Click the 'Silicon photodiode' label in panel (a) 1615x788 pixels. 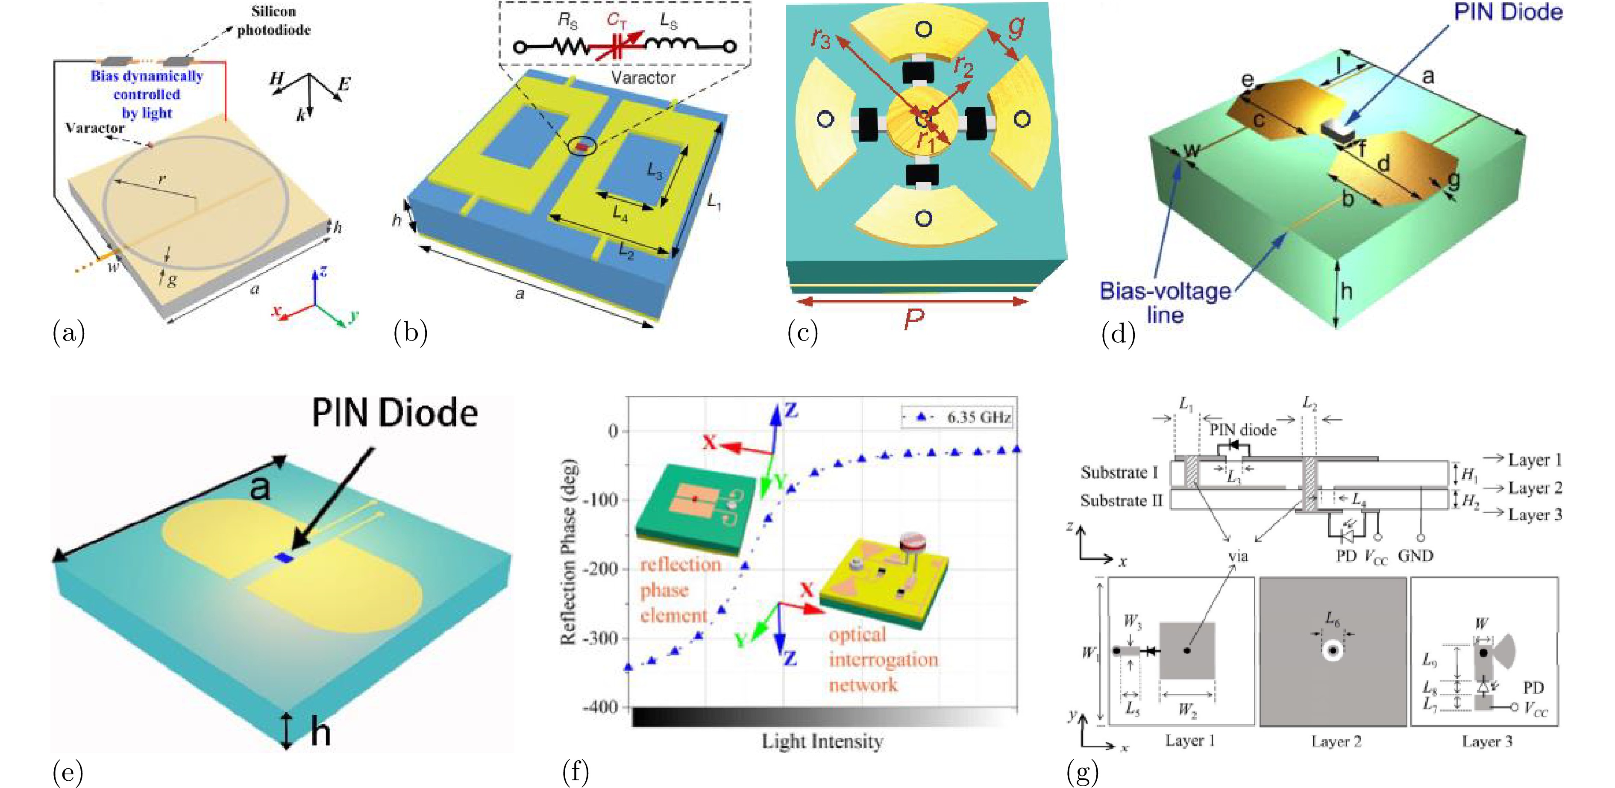point(273,21)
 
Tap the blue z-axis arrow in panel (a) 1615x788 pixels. point(315,285)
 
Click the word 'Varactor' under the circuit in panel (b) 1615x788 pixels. point(643,78)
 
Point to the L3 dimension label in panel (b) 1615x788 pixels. point(654,171)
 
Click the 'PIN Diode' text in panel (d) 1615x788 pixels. point(1508,12)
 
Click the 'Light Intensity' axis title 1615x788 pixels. point(822,741)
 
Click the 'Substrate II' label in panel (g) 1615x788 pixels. point(1121,501)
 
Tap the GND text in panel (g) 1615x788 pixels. point(1415,556)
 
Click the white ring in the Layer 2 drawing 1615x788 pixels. point(1332,651)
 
